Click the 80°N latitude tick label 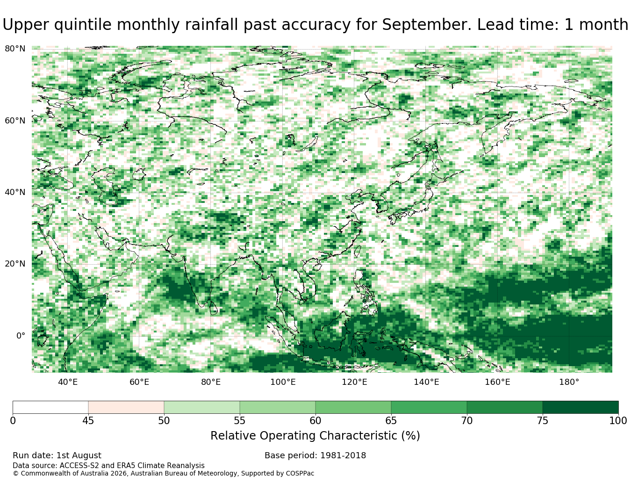15,49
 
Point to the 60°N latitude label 15,121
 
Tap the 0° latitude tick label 21,336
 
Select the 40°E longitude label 68,382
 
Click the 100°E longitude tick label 283,382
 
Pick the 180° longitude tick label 569,382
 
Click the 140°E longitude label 426,382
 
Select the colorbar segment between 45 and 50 126,407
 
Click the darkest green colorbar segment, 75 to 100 580,407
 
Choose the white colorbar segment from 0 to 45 50,407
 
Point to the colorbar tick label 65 391,421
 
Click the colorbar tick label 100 618,421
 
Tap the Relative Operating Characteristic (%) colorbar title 315,436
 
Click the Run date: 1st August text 57,455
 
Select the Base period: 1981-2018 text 315,455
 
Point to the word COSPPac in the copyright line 300,473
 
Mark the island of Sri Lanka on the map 214,308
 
